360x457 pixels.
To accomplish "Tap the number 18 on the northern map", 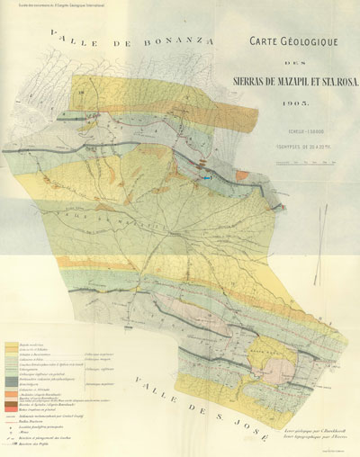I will [79, 94].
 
